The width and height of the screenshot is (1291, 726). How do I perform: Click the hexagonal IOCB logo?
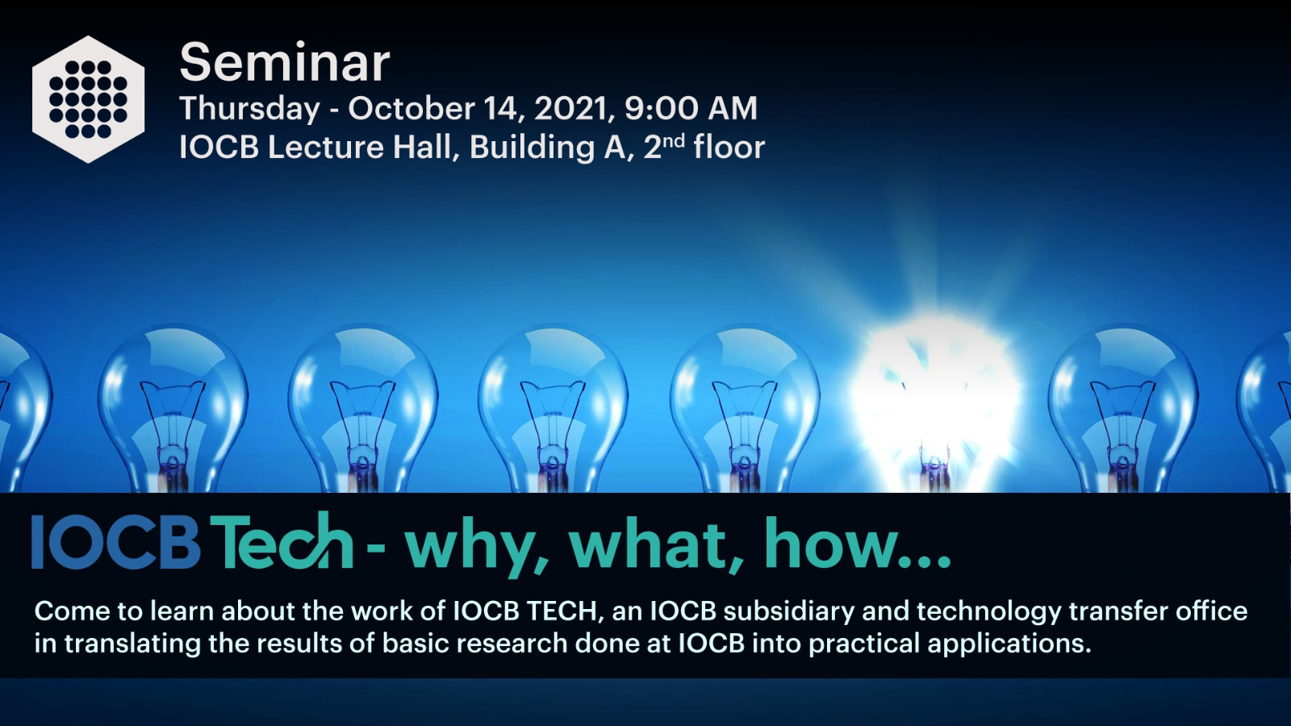(88, 100)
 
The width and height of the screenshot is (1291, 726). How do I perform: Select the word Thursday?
(249, 109)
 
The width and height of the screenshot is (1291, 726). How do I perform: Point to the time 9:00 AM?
(691, 108)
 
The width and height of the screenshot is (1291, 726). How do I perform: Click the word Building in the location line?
(533, 148)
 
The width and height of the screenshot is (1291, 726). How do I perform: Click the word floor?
(729, 147)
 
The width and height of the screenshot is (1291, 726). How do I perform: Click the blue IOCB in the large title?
(116, 542)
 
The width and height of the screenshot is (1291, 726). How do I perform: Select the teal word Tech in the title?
(282, 540)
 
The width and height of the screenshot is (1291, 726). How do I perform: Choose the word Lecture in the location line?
(326, 148)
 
